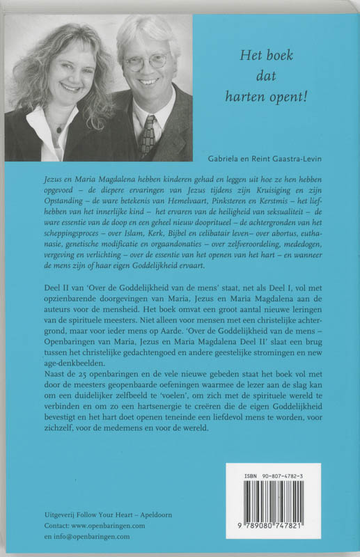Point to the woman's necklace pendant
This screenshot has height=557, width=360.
point(59,130)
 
